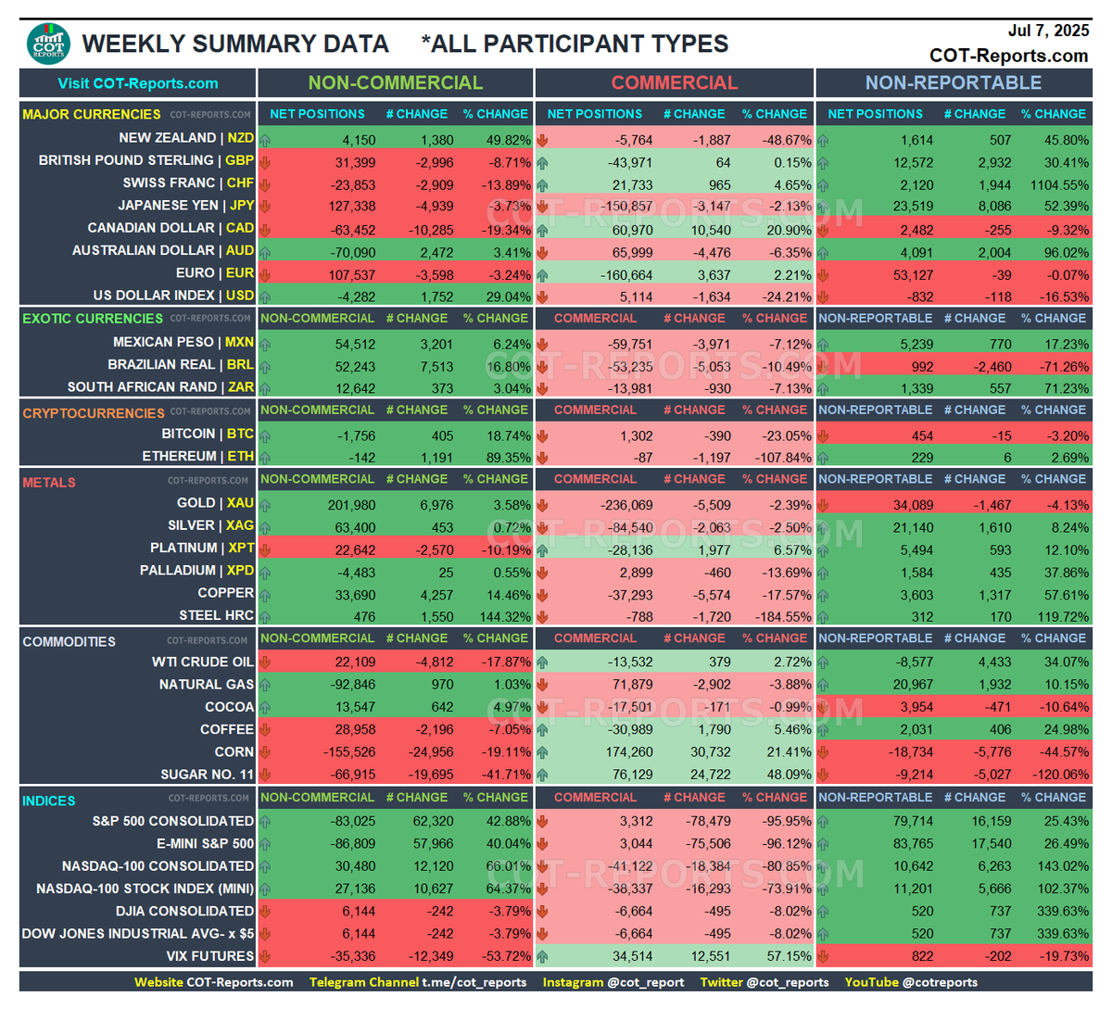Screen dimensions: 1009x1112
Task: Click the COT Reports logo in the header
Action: (x=48, y=44)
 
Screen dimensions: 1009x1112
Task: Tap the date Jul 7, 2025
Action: (x=1048, y=31)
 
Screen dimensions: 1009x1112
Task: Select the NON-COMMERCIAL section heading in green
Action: (x=396, y=82)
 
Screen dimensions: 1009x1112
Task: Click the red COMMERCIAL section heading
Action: (x=675, y=82)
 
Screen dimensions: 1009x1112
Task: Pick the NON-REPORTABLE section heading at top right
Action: (x=954, y=82)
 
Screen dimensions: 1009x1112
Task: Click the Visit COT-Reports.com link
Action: (x=138, y=83)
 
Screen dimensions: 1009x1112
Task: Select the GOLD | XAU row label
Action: (x=215, y=503)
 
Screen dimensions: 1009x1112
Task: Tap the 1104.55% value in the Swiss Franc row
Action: (x=1054, y=185)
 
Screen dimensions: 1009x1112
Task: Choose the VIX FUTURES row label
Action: (x=209, y=956)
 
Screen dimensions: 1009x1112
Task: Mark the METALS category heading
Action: (x=49, y=483)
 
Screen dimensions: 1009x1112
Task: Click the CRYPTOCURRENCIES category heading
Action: (x=94, y=413)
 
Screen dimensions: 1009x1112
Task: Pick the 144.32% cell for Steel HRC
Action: (x=501, y=616)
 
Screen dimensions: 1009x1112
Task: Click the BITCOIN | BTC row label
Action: (x=208, y=434)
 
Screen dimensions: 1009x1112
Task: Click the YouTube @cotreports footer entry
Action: (x=911, y=982)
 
